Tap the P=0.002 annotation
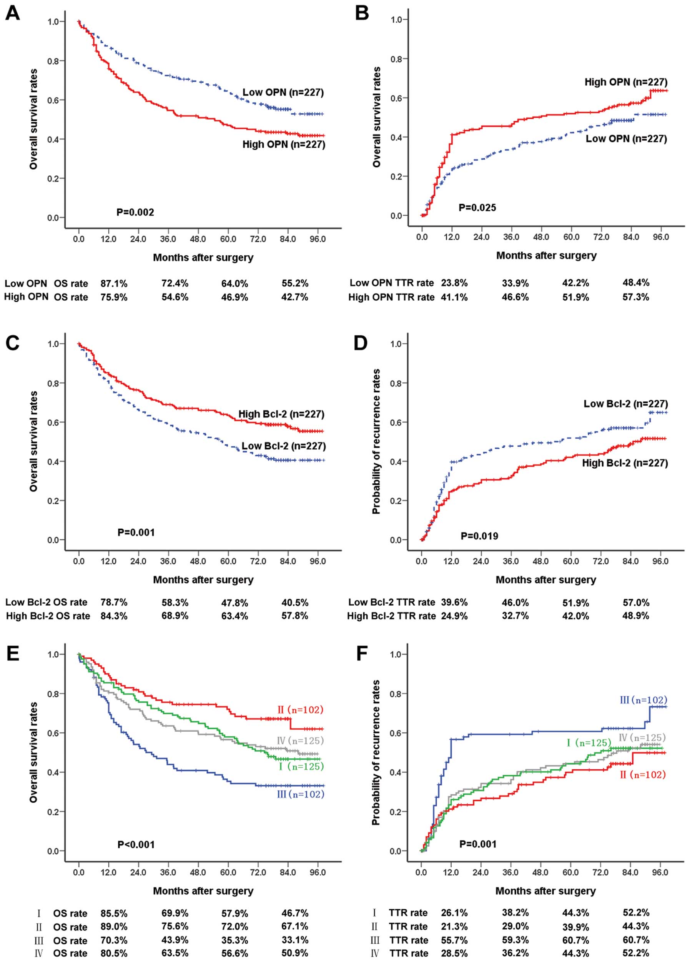pos(135,212)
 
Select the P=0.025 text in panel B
pos(477,207)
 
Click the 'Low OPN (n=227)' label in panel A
pos(283,92)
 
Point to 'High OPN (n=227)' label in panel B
pos(626,82)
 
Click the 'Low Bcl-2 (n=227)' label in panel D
pos(625,403)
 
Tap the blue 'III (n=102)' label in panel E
pos(300,794)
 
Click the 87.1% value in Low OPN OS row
pos(114,283)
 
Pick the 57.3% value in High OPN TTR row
pos(636,297)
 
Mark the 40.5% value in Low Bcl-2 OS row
pos(295,602)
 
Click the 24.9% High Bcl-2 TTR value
pos(454,616)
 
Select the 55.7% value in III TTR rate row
pos(454,940)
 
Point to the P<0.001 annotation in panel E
pos(136,844)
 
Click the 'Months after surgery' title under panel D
pos(546,579)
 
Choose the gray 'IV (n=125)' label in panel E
pos(300,741)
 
